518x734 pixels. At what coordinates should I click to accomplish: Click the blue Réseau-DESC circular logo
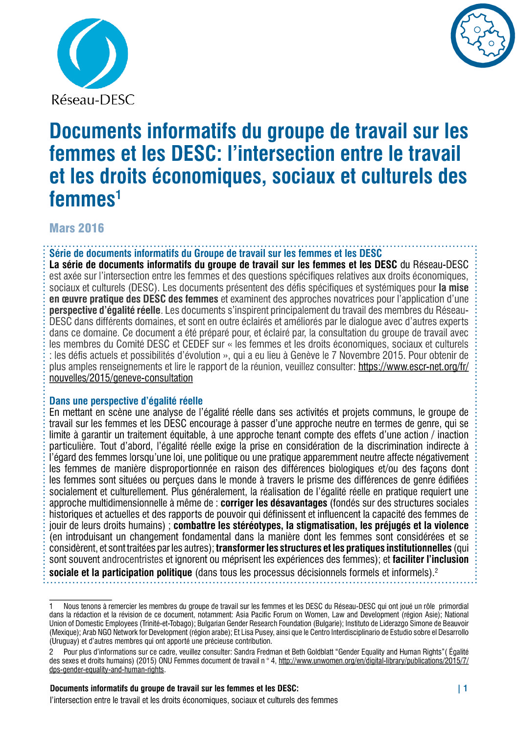click(x=93, y=54)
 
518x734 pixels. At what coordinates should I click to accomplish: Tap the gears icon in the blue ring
click(x=483, y=36)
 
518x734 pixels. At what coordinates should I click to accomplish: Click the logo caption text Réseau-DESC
click(x=93, y=100)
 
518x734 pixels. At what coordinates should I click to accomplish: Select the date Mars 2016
click(x=77, y=228)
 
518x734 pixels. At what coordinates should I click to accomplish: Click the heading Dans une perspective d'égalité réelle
click(x=126, y=401)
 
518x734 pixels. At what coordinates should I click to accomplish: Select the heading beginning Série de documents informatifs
click(x=215, y=253)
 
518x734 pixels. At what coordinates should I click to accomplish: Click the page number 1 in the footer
click(x=465, y=688)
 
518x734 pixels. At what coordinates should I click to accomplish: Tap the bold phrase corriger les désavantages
click(x=274, y=503)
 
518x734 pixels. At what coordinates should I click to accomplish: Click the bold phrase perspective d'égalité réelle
click(x=105, y=310)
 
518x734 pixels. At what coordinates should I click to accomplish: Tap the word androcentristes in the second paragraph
click(x=133, y=559)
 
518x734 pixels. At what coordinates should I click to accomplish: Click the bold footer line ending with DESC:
click(x=174, y=688)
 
